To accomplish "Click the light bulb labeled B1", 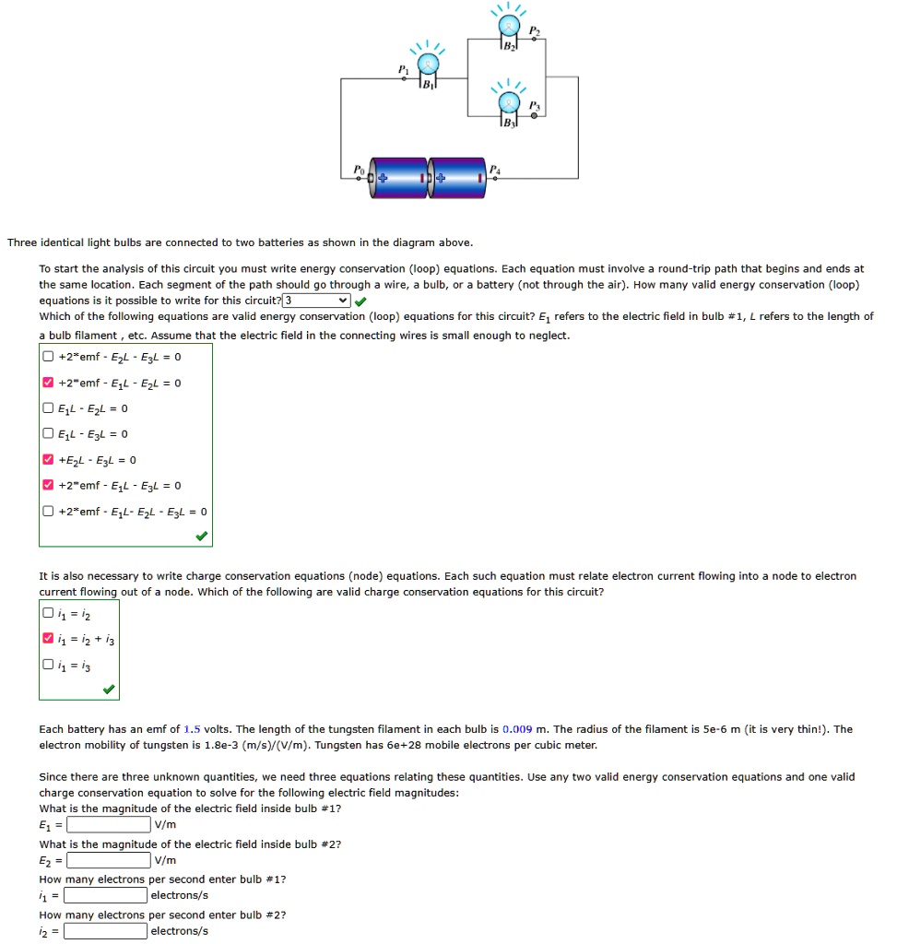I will pyautogui.click(x=427, y=66).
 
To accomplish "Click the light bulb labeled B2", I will pyautogui.click(x=506, y=28).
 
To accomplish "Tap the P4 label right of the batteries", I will pyautogui.click(x=494, y=169).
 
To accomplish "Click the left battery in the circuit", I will pyautogui.click(x=400, y=178).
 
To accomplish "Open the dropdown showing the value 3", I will pyautogui.click(x=316, y=301).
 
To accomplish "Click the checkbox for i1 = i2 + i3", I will pyautogui.click(x=48, y=639).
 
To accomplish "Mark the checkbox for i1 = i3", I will pyautogui.click(x=48, y=665).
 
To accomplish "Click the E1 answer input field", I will pyautogui.click(x=108, y=824).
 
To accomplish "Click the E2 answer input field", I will pyautogui.click(x=108, y=860).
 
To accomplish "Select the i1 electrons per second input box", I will pyautogui.click(x=105, y=895).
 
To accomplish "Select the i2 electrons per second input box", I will pyautogui.click(x=105, y=930).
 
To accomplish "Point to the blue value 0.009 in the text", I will pyautogui.click(x=517, y=729).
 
